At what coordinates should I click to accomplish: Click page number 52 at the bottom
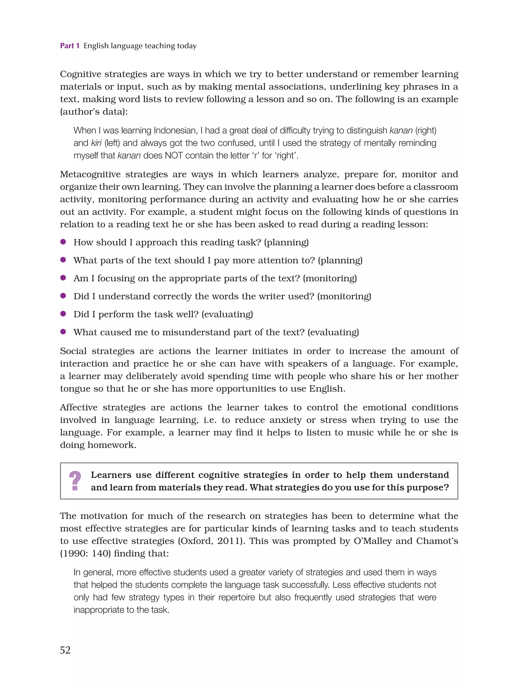pyautogui.click(x=65, y=650)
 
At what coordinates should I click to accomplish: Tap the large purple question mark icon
pyautogui.click(x=75, y=481)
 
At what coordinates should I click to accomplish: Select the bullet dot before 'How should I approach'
pyautogui.click(x=63, y=242)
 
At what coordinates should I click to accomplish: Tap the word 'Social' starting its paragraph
pyautogui.click(x=73, y=351)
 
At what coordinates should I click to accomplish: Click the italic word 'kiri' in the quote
pyautogui.click(x=96, y=143)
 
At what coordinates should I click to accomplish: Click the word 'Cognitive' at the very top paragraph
pyautogui.click(x=80, y=74)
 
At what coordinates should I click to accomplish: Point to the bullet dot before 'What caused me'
pyautogui.click(x=63, y=332)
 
